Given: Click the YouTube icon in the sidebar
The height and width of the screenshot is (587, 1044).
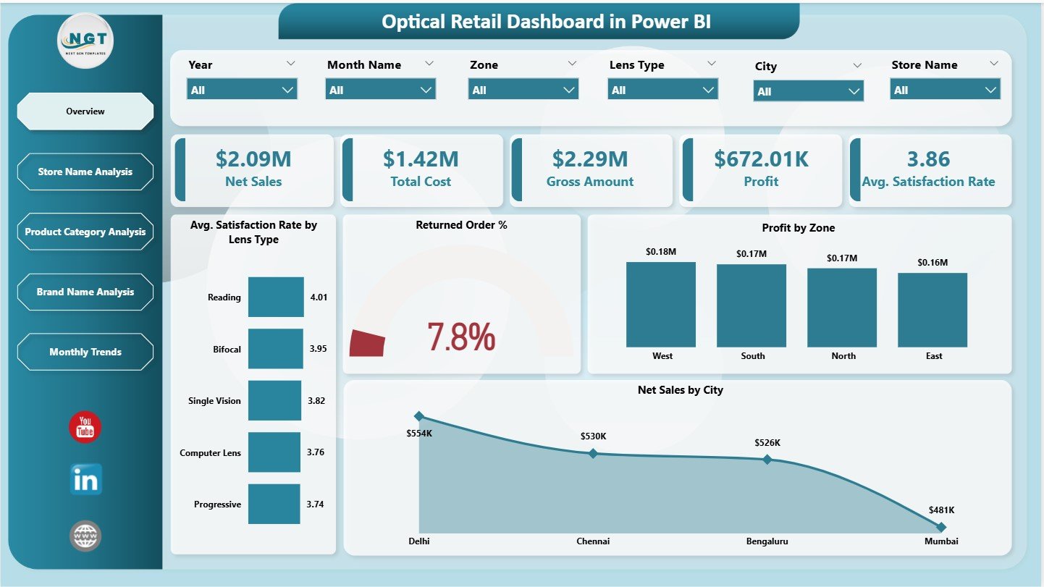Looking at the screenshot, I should [85, 428].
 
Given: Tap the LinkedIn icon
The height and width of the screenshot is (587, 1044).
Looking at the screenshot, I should [85, 480].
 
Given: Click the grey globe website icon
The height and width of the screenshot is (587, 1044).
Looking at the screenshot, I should [85, 536].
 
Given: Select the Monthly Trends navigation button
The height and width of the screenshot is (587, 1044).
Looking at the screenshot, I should [85, 352].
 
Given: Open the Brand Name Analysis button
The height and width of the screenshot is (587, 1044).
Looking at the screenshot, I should [85, 292].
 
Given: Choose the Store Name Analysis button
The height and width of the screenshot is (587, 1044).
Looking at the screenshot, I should [85, 172].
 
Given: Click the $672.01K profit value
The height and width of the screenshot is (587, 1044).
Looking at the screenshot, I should [761, 159].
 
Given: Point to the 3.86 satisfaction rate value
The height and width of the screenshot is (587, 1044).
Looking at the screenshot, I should [928, 159].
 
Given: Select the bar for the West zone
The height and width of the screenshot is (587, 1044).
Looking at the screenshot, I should [660, 305].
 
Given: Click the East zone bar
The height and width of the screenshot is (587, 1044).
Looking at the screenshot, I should [932, 310].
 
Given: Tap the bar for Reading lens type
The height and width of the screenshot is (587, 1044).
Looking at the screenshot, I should [276, 297].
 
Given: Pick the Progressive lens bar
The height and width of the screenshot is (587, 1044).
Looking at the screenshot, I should [274, 504].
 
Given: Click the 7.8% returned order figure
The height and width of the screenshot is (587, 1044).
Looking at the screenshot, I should [461, 337].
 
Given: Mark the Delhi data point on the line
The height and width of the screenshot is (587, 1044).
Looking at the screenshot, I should [418, 416].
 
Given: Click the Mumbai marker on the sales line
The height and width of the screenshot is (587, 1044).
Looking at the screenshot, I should [940, 527].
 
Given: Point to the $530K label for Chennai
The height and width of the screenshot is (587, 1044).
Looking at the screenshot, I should [593, 436].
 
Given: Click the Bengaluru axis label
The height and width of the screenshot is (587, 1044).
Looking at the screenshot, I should [767, 541].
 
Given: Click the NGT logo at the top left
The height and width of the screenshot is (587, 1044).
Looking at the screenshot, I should [85, 41].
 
